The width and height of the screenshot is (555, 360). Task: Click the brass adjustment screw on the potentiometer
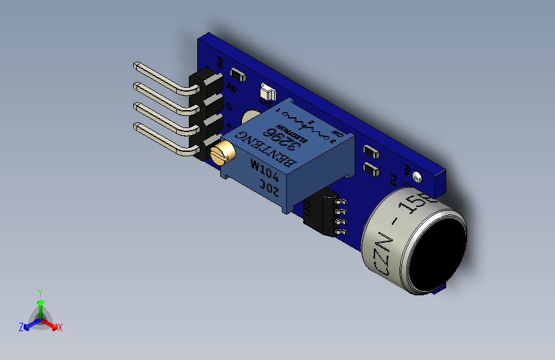[221, 152]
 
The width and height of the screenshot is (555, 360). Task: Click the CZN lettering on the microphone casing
[378, 254]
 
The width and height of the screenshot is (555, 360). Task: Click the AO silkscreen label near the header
[232, 88]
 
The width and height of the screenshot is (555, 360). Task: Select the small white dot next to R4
[417, 176]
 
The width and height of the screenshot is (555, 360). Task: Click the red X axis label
[60, 327]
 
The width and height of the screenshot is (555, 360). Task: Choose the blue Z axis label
[21, 327]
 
